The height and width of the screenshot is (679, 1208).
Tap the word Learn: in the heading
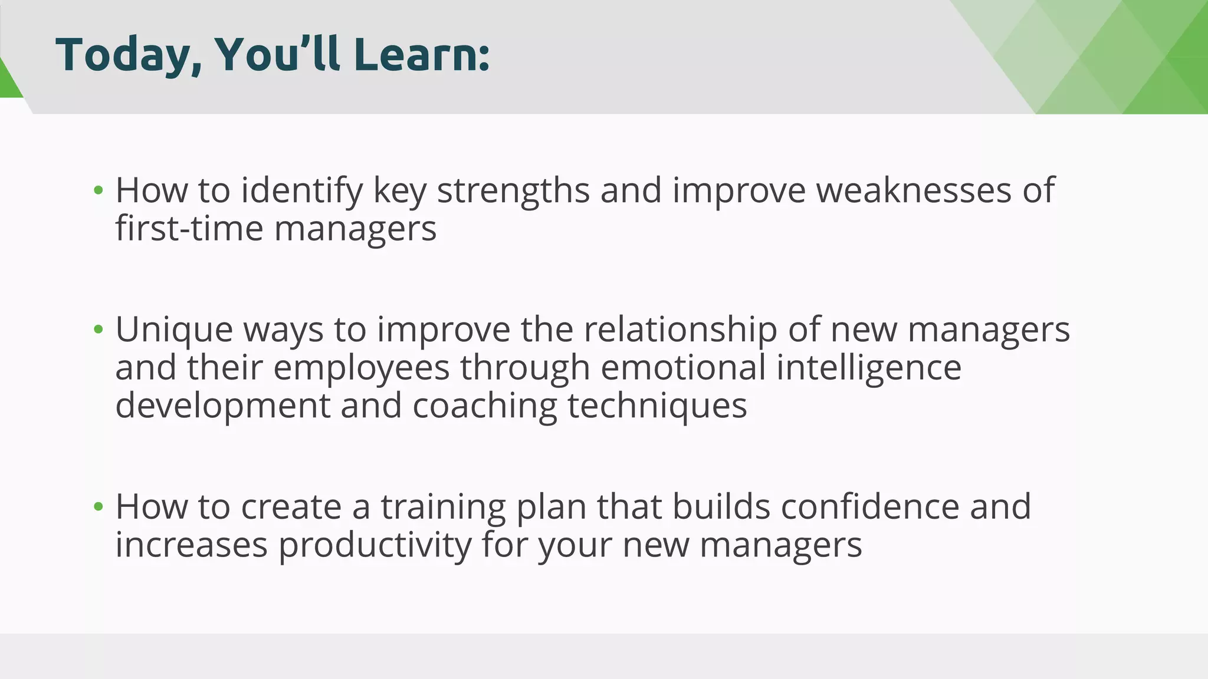[422, 55]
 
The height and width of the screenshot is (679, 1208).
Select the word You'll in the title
[277, 55]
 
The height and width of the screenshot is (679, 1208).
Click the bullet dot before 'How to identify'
[99, 190]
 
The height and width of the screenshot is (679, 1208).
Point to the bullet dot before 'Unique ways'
[99, 329]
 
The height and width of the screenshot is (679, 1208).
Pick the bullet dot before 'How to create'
[99, 506]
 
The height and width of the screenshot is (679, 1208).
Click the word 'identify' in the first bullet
[302, 190]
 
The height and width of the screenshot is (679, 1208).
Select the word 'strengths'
[513, 190]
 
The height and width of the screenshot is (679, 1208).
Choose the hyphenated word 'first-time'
[189, 229]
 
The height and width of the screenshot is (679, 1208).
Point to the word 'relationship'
[681, 329]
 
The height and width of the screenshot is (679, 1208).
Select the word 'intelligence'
[869, 368]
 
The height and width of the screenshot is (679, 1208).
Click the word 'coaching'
[484, 406]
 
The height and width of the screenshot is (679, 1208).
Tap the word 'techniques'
[657, 406]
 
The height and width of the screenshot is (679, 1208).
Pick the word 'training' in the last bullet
[443, 506]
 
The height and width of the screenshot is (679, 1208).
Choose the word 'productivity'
[375, 545]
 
